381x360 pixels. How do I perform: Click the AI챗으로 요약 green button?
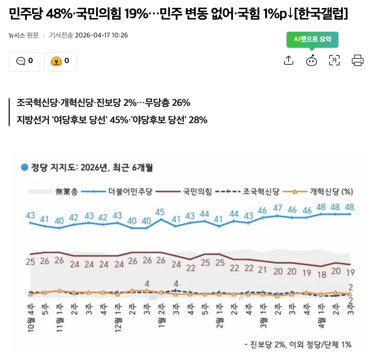tap(312, 39)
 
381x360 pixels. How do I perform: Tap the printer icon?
tap(357, 60)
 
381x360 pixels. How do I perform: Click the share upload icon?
tap(288, 60)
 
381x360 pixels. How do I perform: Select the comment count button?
tap(24, 61)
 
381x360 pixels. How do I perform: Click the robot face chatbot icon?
tap(311, 61)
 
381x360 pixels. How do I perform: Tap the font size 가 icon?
tap(334, 60)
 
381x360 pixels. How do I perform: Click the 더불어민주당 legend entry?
tap(130, 192)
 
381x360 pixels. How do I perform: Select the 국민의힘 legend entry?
tap(197, 192)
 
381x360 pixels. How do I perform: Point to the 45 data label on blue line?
tap(160, 212)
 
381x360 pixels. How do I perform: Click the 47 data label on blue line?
tap(277, 208)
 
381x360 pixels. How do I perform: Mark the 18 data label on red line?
tap(322, 274)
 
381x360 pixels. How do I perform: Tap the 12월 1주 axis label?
tap(118, 317)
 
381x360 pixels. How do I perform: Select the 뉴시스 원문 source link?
tap(24, 35)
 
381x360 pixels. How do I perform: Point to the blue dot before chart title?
tap(24, 167)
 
